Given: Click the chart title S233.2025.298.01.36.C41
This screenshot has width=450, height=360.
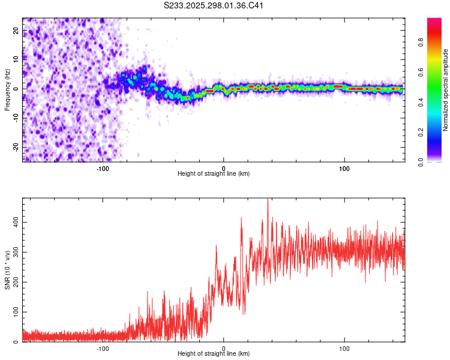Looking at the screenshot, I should (x=214, y=6).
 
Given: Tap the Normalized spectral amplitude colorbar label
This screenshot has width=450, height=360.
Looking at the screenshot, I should (x=446, y=90).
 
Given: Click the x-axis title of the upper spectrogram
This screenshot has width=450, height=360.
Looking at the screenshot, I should (x=214, y=173).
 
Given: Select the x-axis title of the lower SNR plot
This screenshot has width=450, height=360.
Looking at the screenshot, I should (x=214, y=354).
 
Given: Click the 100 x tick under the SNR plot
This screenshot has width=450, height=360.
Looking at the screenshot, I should (x=344, y=348).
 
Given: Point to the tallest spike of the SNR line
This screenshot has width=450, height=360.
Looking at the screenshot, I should (x=268, y=200).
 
